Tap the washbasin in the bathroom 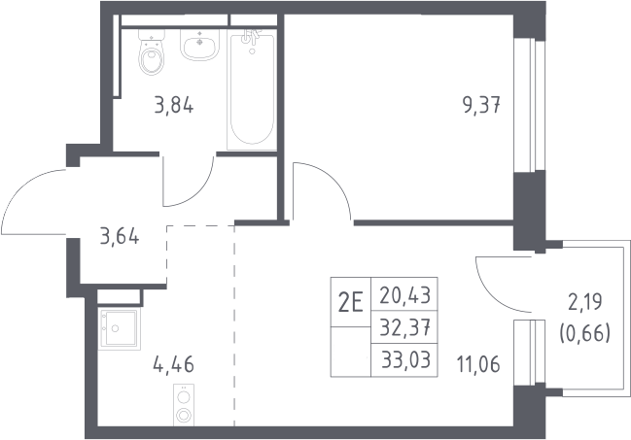(x=199, y=45)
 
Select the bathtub (x=252, y=89)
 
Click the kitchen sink (x=120, y=327)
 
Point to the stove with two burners (x=184, y=404)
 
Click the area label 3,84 (x=174, y=106)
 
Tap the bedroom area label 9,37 (x=481, y=106)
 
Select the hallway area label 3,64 (x=120, y=236)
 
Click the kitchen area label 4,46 (x=174, y=364)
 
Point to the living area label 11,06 (x=478, y=364)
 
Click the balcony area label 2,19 (x=585, y=302)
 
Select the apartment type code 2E (x=351, y=302)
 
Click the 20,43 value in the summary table (x=405, y=295)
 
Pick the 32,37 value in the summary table (x=405, y=327)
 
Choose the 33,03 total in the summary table (x=406, y=359)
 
